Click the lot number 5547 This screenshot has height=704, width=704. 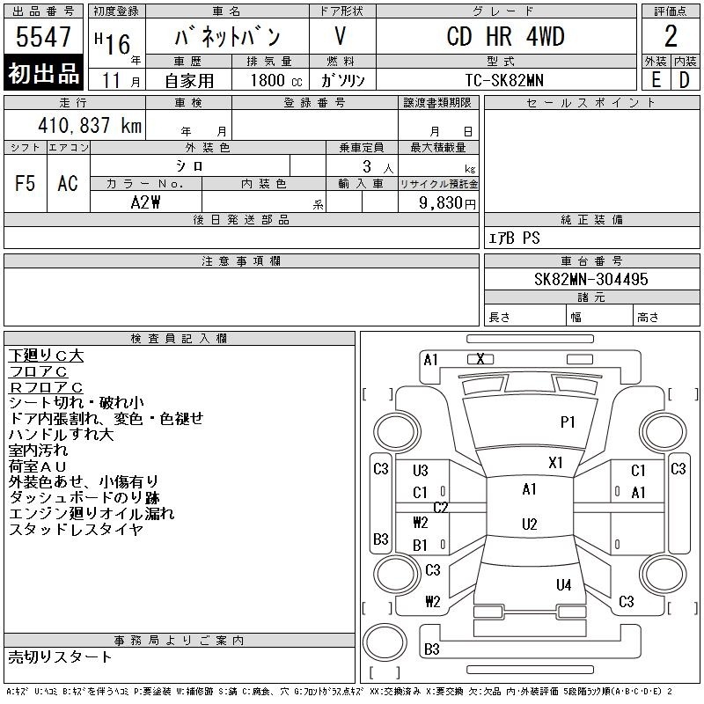[43, 37]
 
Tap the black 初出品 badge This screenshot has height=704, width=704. [43, 73]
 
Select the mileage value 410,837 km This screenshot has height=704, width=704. [90, 125]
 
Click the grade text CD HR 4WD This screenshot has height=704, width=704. [505, 36]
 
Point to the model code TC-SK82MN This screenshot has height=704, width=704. [504, 80]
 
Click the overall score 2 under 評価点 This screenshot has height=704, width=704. [671, 36]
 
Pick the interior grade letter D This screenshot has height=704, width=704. [685, 80]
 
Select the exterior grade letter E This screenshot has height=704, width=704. [656, 80]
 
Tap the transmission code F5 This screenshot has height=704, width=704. [26, 183]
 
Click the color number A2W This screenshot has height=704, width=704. [145, 202]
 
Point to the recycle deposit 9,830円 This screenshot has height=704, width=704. [447, 203]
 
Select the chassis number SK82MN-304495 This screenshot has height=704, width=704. [590, 279]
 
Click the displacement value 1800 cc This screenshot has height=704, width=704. [276, 80]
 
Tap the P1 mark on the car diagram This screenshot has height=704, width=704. [568, 422]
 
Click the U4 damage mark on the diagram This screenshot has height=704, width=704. [563, 585]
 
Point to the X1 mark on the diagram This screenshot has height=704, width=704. [555, 463]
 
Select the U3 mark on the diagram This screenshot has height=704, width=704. [421, 471]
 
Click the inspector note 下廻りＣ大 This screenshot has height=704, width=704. [46, 356]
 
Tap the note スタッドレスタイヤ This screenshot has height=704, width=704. [76, 530]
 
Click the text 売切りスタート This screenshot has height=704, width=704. [60, 656]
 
